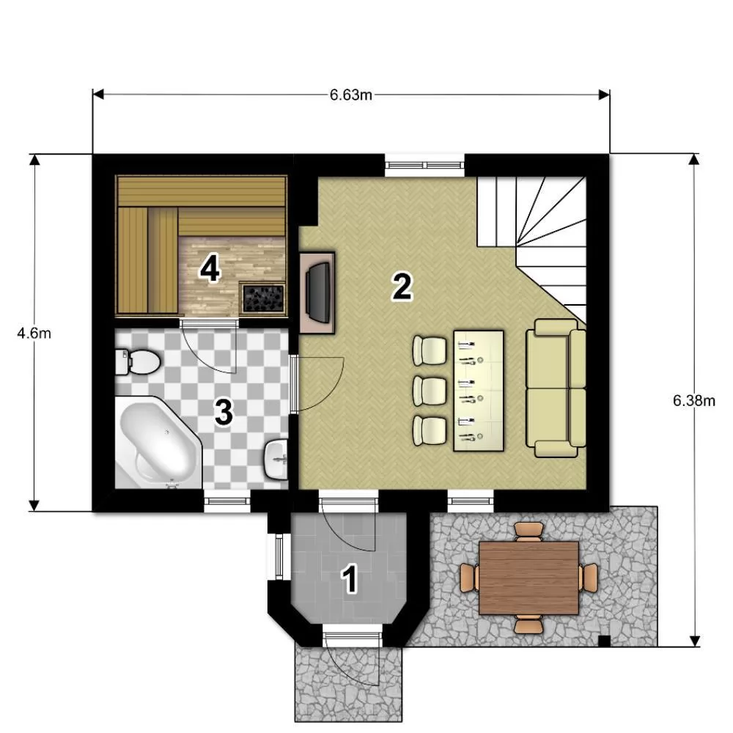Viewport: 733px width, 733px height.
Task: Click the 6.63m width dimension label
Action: (x=350, y=95)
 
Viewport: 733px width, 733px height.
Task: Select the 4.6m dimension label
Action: (x=34, y=334)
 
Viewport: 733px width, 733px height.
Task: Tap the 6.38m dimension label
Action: (x=693, y=401)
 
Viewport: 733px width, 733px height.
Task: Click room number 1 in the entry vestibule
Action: (x=350, y=578)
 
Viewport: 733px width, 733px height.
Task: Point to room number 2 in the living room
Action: (x=402, y=287)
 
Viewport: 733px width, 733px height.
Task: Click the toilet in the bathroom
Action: (x=138, y=362)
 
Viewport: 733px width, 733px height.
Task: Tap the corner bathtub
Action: (x=158, y=442)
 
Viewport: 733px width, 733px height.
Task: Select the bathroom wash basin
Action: (x=276, y=459)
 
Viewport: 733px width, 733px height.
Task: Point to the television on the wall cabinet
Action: (x=318, y=292)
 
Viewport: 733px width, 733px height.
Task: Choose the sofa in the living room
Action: (x=556, y=388)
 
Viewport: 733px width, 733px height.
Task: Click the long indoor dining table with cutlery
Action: (x=478, y=391)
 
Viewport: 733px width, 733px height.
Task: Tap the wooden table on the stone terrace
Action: (x=528, y=578)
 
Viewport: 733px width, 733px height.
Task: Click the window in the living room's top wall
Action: (x=424, y=165)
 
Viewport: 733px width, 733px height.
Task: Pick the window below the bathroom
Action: (x=227, y=501)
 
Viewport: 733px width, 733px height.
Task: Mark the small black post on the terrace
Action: (x=605, y=641)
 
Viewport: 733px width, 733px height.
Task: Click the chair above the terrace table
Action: (x=528, y=531)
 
